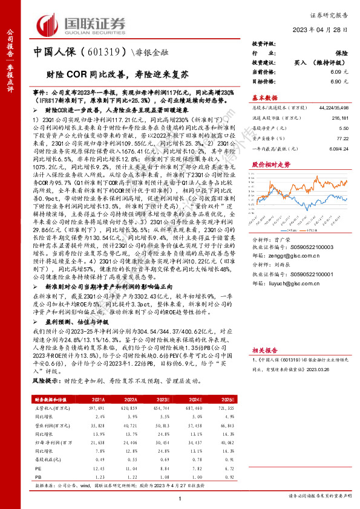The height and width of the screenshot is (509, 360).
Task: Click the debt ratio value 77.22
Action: tap(342, 138)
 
